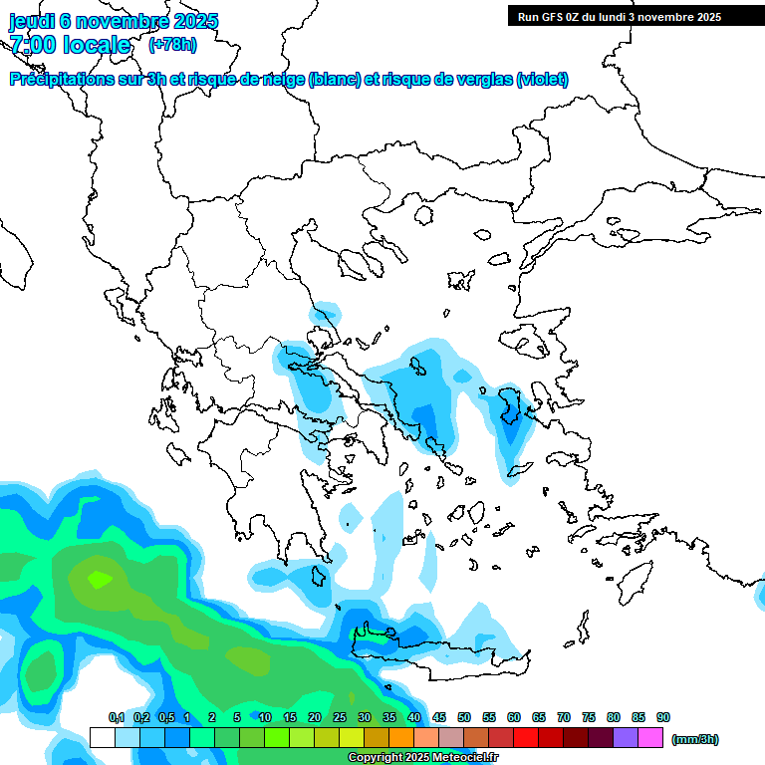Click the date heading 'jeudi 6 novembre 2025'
[114, 21]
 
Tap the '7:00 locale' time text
[70, 45]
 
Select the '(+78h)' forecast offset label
[172, 44]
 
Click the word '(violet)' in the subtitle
[542, 80]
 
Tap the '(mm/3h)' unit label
[695, 739]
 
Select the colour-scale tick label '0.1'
[116, 718]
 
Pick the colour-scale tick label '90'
[663, 718]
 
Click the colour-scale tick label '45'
[439, 718]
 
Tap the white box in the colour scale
[102, 738]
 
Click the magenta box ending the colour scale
[650, 738]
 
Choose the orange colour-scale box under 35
[401, 738]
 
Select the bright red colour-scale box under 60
[526, 738]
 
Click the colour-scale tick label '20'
[315, 718]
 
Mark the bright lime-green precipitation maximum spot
[100, 578]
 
